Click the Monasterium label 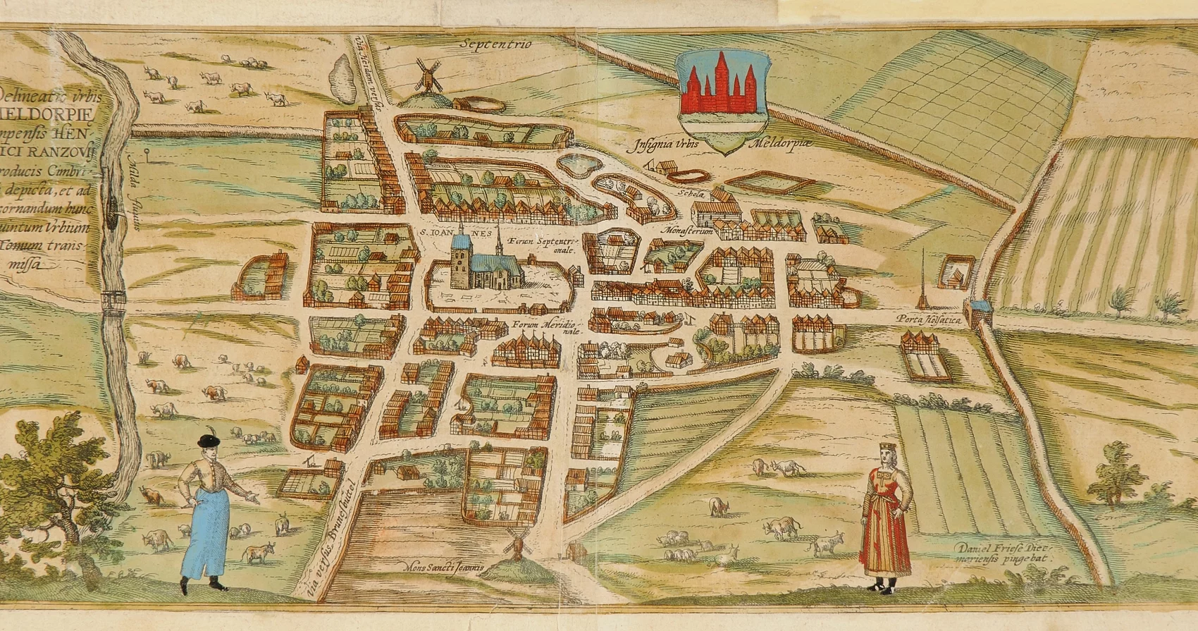[x=688, y=231]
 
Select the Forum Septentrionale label [x=538, y=244]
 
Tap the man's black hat [x=209, y=441]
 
